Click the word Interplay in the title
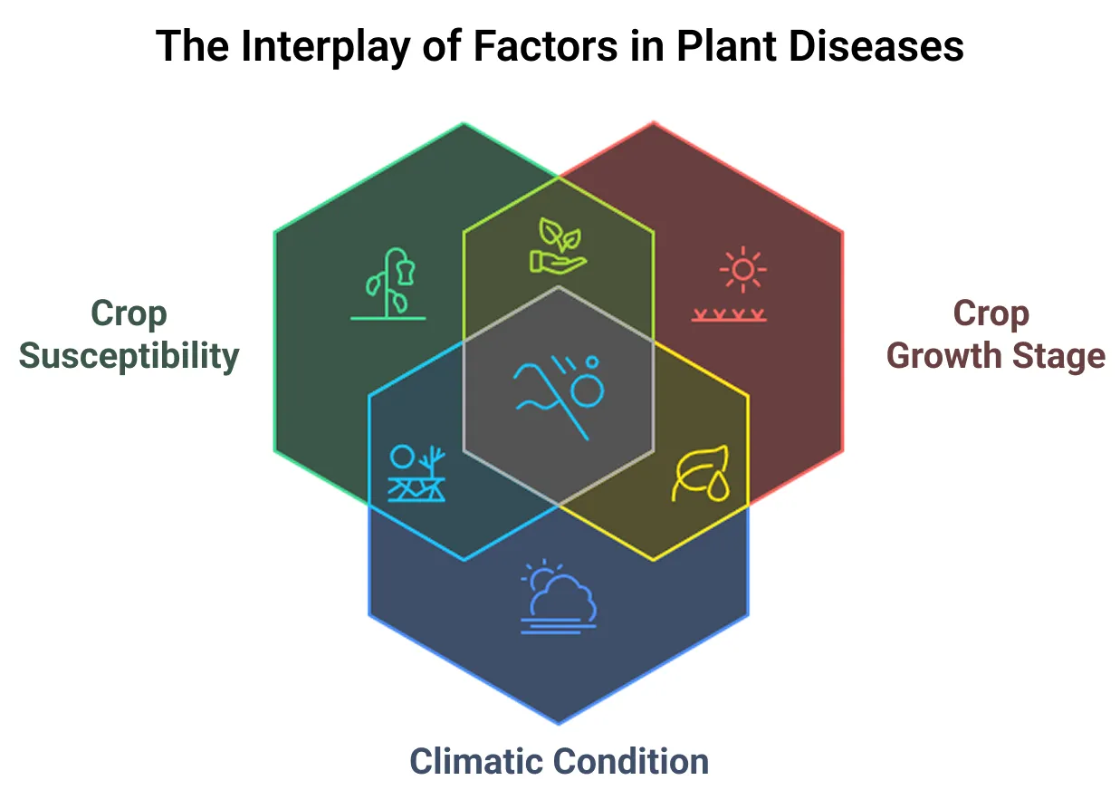point(326,47)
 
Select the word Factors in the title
point(545,46)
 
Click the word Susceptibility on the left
point(129,357)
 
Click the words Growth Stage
point(996,356)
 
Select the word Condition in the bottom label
point(631,761)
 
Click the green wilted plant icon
point(388,284)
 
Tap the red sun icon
point(743,270)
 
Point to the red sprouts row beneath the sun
point(729,315)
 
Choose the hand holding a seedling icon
point(558,246)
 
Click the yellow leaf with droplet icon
point(701,473)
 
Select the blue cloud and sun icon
point(559,596)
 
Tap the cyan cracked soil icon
point(416,473)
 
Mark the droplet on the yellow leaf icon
point(719,486)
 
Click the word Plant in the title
point(726,46)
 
